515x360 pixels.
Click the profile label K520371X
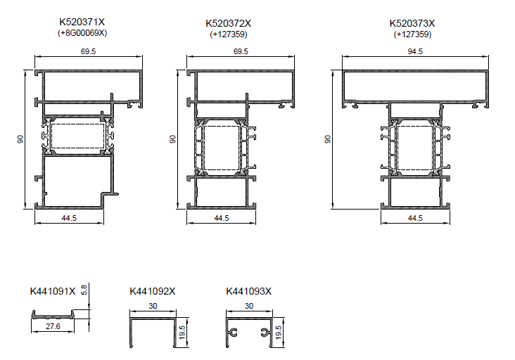(82, 22)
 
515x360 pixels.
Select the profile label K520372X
(228, 23)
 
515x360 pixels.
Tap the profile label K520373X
(412, 23)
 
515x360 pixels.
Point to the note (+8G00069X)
(82, 33)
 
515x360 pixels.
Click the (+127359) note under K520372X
(229, 34)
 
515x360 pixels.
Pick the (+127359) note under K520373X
(412, 34)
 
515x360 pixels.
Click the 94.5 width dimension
(415, 51)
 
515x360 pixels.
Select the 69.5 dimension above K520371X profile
(89, 51)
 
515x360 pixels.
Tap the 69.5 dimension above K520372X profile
(241, 51)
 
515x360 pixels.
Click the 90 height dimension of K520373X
(328, 139)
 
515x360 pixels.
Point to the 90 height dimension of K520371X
(20, 139)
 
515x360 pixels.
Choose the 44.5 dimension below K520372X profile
(222, 218)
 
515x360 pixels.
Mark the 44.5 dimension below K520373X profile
(415, 218)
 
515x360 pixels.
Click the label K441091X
(53, 291)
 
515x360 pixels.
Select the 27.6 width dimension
(53, 326)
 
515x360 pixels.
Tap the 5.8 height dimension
(84, 290)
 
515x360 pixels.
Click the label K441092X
(153, 291)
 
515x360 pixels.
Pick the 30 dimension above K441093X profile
(249, 306)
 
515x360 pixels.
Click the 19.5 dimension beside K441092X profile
(182, 332)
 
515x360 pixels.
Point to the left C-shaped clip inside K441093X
(234, 333)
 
